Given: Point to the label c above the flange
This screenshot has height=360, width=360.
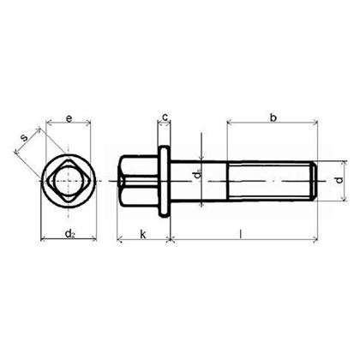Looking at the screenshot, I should point(165,117).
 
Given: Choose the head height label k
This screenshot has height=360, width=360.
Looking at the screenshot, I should point(142,233).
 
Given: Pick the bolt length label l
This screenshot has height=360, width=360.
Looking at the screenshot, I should point(243,233).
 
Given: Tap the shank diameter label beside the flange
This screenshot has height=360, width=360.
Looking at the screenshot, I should point(196,177).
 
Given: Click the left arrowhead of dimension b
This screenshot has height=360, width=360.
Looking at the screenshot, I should point(230,124).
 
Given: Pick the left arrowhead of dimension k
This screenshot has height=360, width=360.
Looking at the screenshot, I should point(119,241).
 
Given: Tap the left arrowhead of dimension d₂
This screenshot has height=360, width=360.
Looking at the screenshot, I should point(44,241).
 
